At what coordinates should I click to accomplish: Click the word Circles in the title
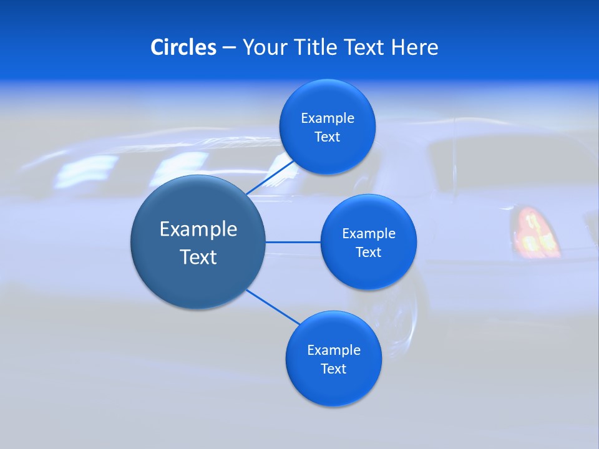click(183, 47)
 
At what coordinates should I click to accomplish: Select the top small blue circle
click(327, 100)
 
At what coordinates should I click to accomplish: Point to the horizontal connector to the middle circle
click(293, 242)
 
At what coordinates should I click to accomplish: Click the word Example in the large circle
click(198, 229)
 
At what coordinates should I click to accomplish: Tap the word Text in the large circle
click(198, 256)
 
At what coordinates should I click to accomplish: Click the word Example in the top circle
click(327, 118)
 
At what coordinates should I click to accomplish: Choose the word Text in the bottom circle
click(333, 369)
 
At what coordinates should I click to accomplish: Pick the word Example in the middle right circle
click(368, 233)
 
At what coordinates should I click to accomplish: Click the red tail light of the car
click(535, 231)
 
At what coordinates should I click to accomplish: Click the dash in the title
click(229, 47)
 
